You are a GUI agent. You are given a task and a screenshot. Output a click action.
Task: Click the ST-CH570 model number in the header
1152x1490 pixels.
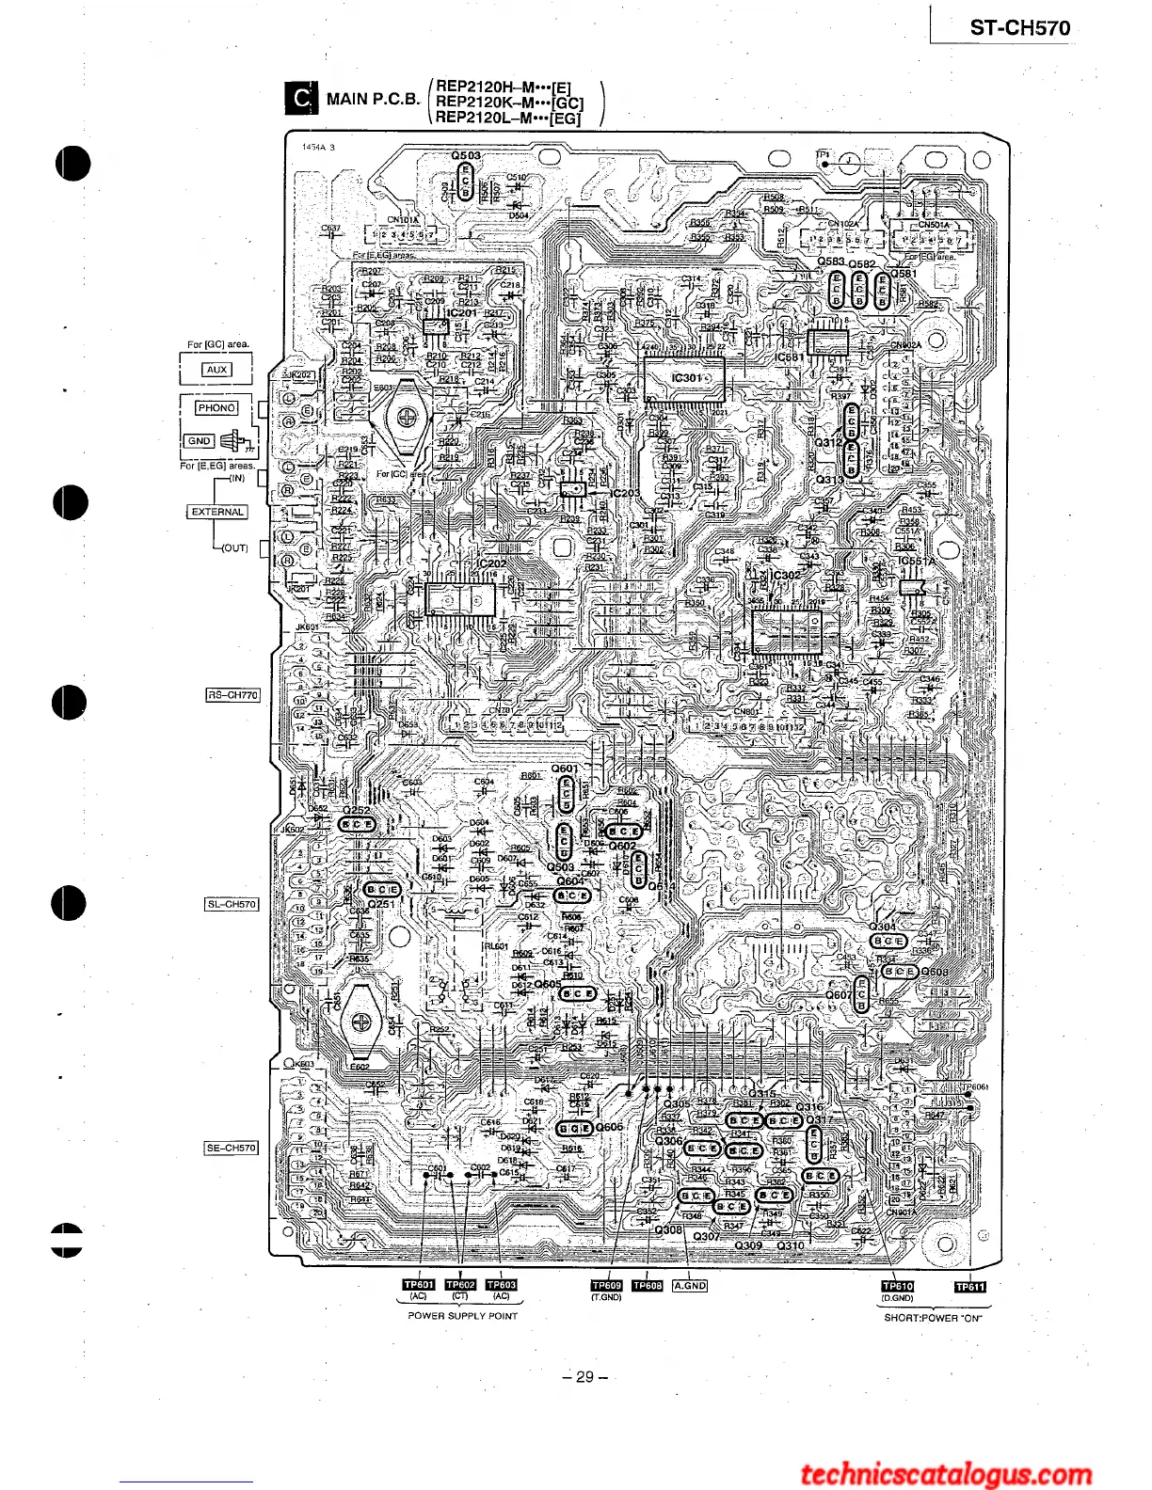(1019, 28)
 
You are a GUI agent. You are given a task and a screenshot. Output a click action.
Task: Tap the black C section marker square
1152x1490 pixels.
(300, 99)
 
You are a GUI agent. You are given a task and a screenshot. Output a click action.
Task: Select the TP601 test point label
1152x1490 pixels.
(419, 1285)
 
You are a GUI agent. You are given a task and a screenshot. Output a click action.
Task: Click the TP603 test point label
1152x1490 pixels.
(502, 1285)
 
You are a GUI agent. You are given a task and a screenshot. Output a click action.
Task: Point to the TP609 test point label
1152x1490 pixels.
(606, 1286)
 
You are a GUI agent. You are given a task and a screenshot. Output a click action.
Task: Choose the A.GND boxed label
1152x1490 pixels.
(690, 1286)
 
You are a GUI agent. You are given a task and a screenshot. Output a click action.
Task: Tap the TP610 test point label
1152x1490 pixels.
(897, 1286)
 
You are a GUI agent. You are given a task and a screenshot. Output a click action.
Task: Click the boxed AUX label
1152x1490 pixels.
(216, 370)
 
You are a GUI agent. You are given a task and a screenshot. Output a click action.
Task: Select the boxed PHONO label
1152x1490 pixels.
(216, 408)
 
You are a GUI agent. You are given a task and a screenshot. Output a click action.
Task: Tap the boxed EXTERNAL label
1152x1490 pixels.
(217, 513)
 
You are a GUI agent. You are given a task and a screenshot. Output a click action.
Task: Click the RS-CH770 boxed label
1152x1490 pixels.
(232, 695)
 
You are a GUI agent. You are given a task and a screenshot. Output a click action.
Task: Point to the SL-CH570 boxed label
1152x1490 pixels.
(232, 904)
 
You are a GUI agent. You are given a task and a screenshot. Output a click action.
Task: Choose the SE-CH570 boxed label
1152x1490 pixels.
(232, 1148)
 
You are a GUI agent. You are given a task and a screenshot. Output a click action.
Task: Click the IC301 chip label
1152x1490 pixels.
(688, 377)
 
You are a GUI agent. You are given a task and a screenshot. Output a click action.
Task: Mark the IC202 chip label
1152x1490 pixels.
(491, 563)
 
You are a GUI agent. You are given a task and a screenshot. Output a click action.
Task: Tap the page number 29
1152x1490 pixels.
(584, 1377)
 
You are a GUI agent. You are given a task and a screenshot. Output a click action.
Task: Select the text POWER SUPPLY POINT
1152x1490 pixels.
(462, 1316)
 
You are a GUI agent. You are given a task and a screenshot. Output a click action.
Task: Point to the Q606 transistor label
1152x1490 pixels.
(610, 1127)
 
